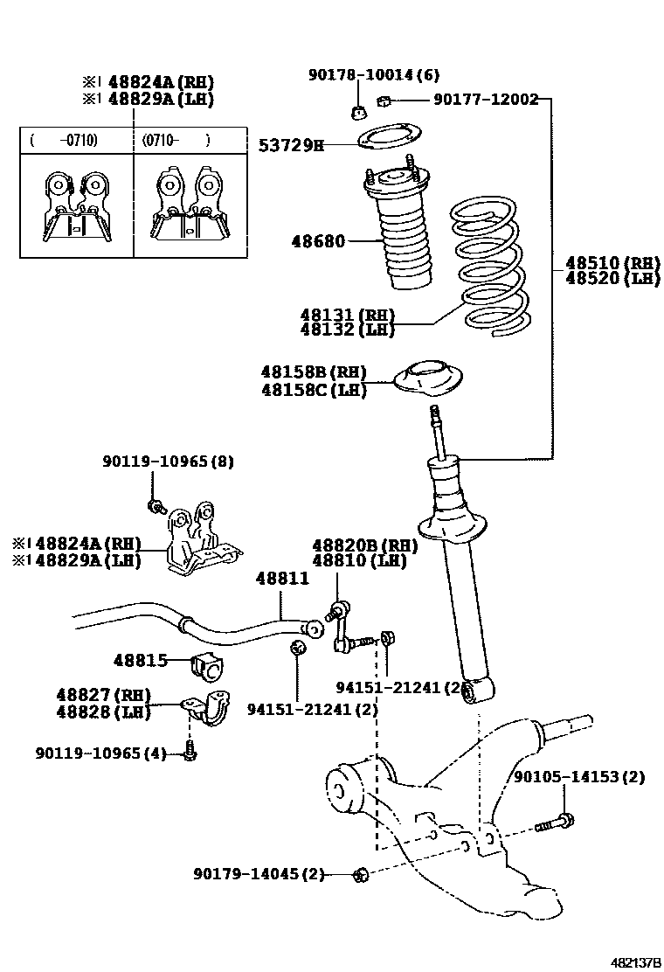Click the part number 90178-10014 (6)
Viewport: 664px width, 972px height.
click(x=373, y=75)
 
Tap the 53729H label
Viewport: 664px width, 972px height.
click(x=290, y=145)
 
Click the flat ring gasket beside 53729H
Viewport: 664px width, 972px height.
click(x=389, y=136)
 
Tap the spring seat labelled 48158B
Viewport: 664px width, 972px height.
click(x=427, y=381)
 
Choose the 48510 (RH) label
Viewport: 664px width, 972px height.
click(x=612, y=262)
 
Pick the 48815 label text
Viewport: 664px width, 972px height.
click(x=140, y=661)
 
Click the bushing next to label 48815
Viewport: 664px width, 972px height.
click(x=208, y=667)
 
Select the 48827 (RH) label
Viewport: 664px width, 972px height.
click(x=98, y=695)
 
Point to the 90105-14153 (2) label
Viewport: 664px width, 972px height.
click(x=578, y=776)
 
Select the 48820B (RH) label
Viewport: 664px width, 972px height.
click(x=364, y=546)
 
